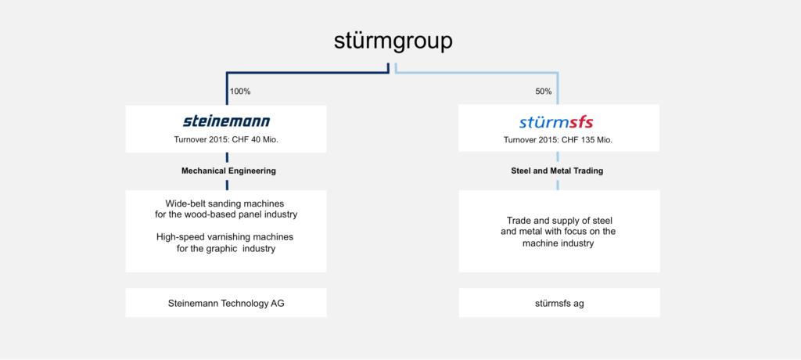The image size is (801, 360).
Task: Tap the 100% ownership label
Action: pyautogui.click(x=240, y=92)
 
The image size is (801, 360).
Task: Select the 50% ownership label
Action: pyautogui.click(x=543, y=92)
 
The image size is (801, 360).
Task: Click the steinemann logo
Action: pyautogui.click(x=226, y=121)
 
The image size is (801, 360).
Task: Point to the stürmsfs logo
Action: pyautogui.click(x=556, y=123)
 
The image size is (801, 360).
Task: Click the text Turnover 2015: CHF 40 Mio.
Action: pyautogui.click(x=226, y=139)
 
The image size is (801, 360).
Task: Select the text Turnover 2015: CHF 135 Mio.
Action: pyautogui.click(x=558, y=139)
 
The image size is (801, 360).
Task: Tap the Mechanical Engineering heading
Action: pyautogui.click(x=229, y=171)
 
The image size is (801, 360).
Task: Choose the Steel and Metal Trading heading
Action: pyautogui.click(x=557, y=171)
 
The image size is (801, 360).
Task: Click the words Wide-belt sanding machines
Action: pyautogui.click(x=224, y=203)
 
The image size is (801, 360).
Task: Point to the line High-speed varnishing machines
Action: pyautogui.click(x=224, y=238)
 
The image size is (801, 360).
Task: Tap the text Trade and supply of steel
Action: pyautogui.click(x=559, y=221)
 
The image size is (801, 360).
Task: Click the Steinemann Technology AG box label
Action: pyautogui.click(x=226, y=303)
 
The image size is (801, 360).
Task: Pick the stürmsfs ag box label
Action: pyautogui.click(x=559, y=303)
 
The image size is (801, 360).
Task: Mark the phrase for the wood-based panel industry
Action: pyautogui.click(x=226, y=214)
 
